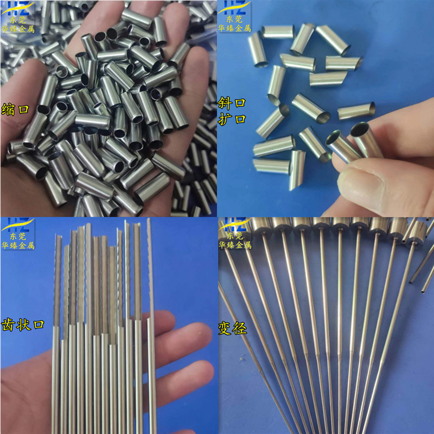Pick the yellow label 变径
(x=232, y=328)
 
